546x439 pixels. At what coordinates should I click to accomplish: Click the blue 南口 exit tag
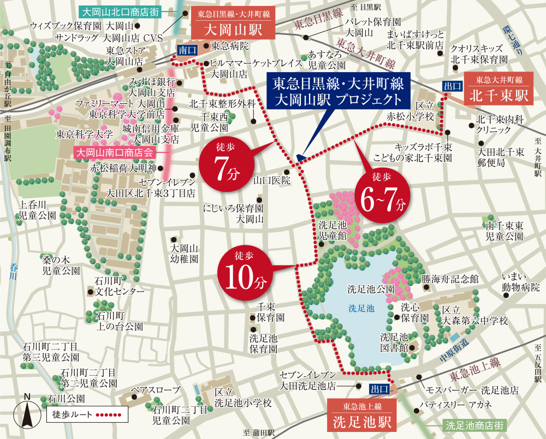pyautogui.click(x=185, y=50)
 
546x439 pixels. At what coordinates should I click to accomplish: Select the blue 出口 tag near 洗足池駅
pyautogui.click(x=379, y=389)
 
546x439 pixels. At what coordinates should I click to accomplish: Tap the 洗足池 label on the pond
pyautogui.click(x=361, y=308)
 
